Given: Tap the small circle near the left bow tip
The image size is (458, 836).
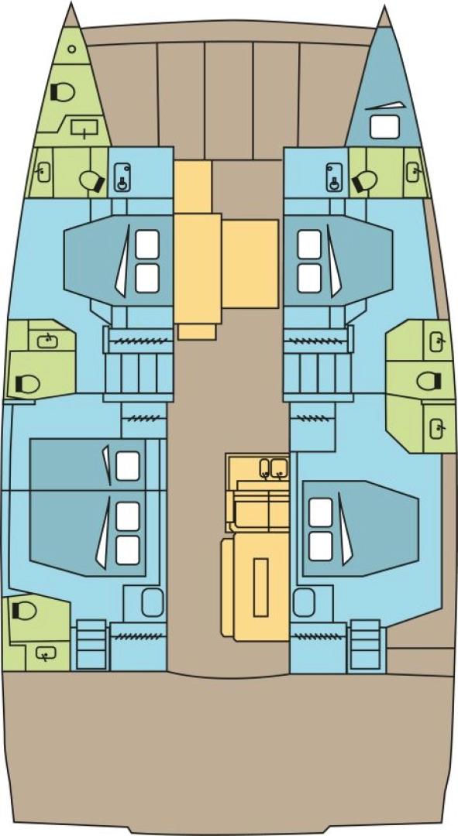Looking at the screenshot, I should point(71,49).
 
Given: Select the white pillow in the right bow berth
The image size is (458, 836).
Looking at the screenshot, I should point(382,126).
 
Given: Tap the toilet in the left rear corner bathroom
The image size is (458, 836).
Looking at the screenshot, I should point(24,611).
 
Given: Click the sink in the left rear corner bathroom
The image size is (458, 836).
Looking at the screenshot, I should point(46,654).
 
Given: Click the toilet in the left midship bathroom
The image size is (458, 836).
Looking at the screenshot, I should point(27,383).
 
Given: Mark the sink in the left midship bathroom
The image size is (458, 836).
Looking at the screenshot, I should point(47,338).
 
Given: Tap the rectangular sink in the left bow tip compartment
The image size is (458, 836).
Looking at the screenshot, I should point(84,128).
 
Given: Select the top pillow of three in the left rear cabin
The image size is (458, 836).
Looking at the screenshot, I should point(127,465).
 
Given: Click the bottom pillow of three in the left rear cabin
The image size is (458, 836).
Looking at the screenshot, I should point(127,549).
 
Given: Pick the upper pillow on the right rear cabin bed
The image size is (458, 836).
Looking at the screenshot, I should point(320,512).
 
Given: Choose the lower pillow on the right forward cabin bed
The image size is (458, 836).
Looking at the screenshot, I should point(309,278).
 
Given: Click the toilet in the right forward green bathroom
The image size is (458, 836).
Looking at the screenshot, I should point(363,181).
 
